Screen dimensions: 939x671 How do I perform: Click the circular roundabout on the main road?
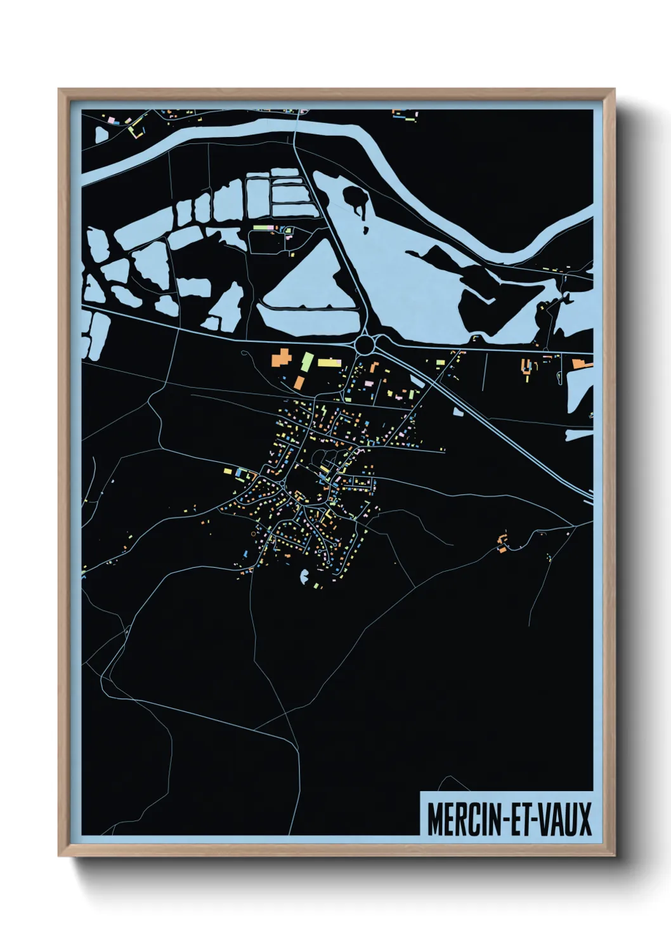click(365, 345)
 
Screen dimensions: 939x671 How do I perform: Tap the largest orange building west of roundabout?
click(280, 358)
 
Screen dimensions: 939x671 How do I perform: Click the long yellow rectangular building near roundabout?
click(329, 362)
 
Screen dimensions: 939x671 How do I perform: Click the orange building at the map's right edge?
click(581, 364)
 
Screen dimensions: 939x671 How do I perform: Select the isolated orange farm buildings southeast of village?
click(502, 543)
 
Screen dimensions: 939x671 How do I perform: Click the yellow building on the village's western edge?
click(228, 471)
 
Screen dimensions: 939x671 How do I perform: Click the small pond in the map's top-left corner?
click(101, 135)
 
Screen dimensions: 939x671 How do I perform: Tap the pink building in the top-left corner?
click(112, 119)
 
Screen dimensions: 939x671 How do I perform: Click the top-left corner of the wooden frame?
click(60, 90)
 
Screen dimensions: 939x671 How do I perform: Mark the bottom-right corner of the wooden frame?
click(614, 855)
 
